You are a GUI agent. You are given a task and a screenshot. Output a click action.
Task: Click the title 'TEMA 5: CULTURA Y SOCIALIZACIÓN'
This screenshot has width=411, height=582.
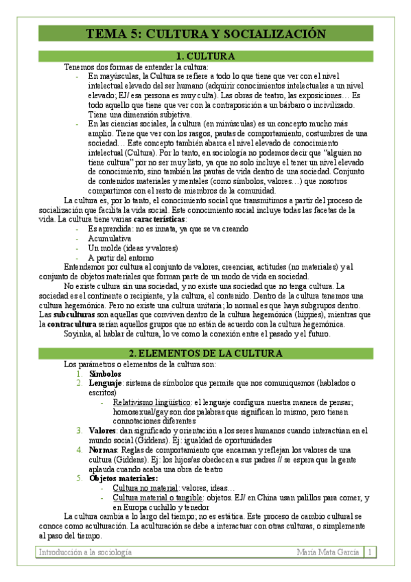coord(205,34)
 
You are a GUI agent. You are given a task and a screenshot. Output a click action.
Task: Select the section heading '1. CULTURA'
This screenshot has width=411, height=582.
coord(205,56)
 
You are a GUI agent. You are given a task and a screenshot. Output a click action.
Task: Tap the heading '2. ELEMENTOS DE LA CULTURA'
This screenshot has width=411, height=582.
coord(205,353)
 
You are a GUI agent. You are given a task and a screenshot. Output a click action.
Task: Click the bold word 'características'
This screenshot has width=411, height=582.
coord(159,219)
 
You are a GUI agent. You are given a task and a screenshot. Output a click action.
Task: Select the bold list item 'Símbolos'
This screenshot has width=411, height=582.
coord(105,373)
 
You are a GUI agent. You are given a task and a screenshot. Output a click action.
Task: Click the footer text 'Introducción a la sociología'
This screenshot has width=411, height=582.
coord(82,552)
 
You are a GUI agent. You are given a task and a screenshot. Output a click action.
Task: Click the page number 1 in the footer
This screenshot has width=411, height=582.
coord(369,552)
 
